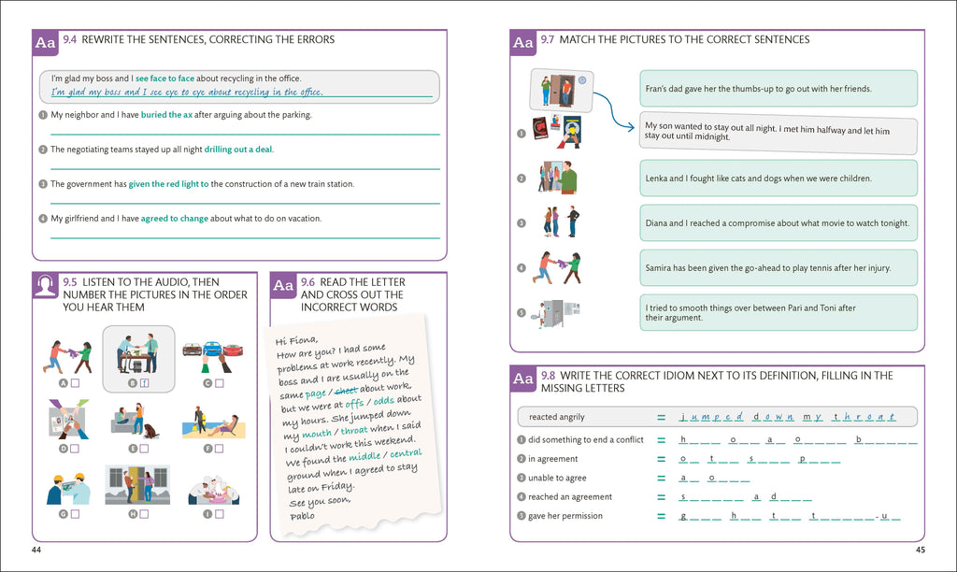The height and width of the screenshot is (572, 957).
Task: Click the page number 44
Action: [x=36, y=550]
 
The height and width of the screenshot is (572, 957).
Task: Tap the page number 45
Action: [x=920, y=550]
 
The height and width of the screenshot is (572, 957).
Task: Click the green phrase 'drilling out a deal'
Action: [x=238, y=150]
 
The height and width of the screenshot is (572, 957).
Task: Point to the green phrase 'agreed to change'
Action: [x=174, y=219]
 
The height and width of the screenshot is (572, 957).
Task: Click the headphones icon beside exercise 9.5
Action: [x=45, y=286]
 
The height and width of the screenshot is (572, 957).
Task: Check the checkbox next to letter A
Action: [x=74, y=382]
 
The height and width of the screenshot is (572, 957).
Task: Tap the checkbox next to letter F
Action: [x=221, y=449]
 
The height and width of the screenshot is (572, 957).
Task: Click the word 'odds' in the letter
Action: [x=384, y=401]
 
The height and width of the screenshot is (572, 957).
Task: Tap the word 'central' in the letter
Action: [x=406, y=454]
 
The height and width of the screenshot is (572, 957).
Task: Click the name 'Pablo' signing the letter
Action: [x=303, y=515]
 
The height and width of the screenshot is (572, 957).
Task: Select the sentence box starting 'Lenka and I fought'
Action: [x=778, y=179]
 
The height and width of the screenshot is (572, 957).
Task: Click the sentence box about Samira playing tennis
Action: [x=778, y=268]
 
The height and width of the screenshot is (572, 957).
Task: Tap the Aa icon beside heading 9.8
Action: [x=522, y=378]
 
